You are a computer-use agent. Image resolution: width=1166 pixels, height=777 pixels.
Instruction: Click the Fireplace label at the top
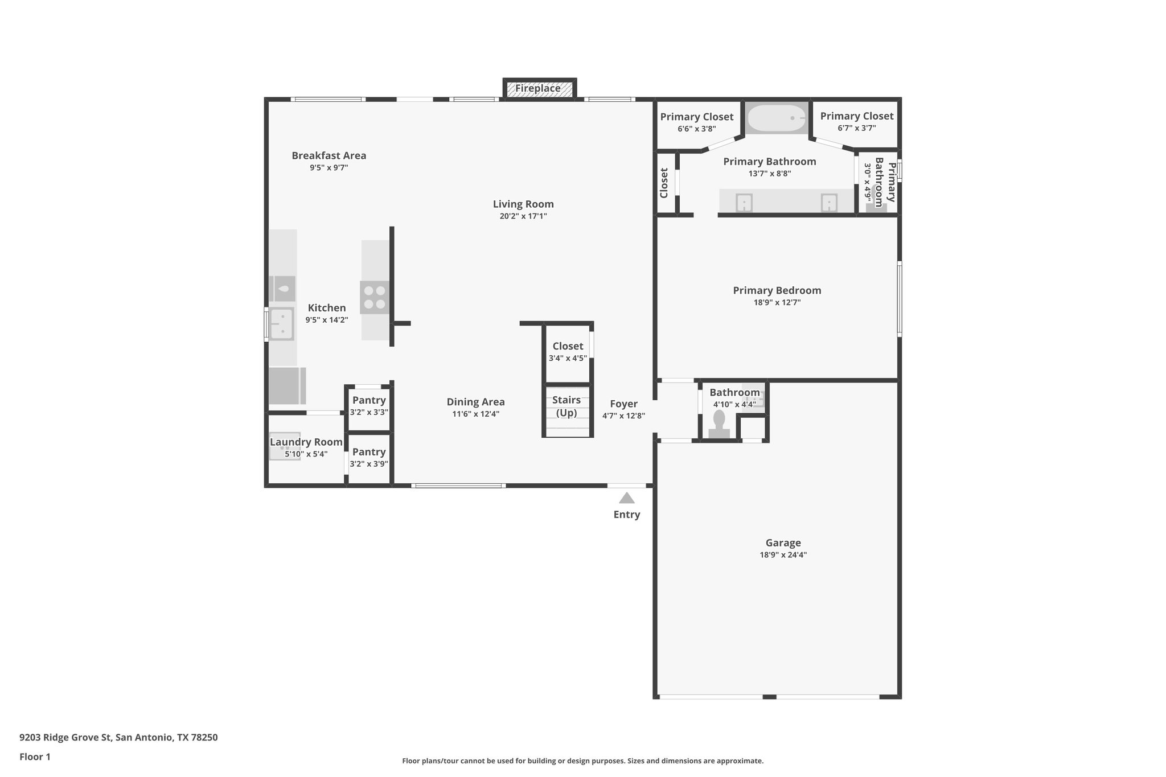tap(538, 89)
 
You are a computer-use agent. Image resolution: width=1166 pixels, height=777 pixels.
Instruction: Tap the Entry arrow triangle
tap(626, 499)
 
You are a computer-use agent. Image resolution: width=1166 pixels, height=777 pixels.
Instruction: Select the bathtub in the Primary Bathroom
tap(776, 118)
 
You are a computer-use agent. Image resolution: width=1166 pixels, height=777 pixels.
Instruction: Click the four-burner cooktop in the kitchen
tap(375, 297)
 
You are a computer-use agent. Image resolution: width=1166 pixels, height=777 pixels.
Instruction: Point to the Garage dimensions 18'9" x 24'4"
tap(783, 555)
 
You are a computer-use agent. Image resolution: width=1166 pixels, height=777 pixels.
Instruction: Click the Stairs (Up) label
tap(566, 406)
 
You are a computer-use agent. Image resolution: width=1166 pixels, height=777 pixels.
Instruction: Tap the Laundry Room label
tap(306, 442)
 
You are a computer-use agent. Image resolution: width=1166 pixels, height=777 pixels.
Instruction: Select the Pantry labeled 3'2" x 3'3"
tap(369, 406)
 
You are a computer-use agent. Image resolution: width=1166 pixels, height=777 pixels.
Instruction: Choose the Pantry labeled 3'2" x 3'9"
tap(369, 458)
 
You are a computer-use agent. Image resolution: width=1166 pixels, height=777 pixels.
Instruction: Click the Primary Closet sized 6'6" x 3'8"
tap(696, 122)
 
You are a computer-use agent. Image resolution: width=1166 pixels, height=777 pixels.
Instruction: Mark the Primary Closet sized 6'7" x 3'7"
tap(856, 121)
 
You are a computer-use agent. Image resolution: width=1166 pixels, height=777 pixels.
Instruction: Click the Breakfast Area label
tap(329, 155)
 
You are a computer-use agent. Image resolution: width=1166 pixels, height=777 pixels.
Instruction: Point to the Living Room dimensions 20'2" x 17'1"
tap(523, 216)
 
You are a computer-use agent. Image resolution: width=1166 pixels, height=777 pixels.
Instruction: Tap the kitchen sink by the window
tap(281, 323)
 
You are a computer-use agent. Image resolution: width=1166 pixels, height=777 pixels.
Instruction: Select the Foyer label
tap(623, 404)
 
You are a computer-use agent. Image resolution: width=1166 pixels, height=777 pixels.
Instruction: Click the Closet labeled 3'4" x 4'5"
tap(568, 352)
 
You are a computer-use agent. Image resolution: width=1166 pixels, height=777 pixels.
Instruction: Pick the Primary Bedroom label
tap(777, 290)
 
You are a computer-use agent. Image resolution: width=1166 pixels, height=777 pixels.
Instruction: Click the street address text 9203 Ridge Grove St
tap(118, 738)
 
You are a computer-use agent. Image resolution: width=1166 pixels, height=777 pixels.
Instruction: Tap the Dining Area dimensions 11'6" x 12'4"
tap(475, 414)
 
